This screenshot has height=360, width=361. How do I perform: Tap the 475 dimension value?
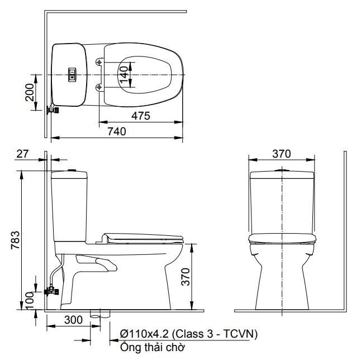point(141,116)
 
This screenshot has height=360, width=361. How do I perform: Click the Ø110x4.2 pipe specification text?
point(188,334)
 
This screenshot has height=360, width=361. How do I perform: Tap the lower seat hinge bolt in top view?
point(99,87)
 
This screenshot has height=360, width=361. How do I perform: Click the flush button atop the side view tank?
point(71,169)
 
